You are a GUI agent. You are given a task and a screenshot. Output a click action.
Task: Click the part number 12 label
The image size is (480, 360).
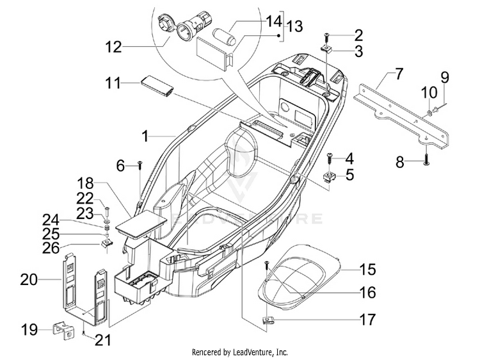pyautogui.click(x=113, y=47)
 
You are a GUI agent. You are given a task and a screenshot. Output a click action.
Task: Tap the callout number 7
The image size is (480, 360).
pyautogui.click(x=399, y=74)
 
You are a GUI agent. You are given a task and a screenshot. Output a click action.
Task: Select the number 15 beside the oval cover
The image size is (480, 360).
pyautogui.click(x=367, y=270)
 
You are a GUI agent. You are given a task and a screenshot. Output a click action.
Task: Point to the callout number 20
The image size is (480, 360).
pyautogui.click(x=29, y=280)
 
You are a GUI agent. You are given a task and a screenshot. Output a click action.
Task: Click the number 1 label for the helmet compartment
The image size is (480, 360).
pyautogui.click(x=146, y=136)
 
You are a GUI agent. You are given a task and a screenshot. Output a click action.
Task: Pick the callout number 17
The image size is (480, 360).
pyautogui.click(x=367, y=320)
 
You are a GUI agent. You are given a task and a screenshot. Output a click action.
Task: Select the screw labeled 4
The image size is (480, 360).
pyautogui.click(x=330, y=158)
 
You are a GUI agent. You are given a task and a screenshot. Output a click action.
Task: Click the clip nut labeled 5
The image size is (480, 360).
pyautogui.click(x=330, y=177)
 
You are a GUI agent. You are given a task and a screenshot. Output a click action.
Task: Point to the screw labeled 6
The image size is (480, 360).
pyautogui.click(x=140, y=165)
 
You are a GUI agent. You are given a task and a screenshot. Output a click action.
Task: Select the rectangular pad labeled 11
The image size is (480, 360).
pyautogui.click(x=157, y=86)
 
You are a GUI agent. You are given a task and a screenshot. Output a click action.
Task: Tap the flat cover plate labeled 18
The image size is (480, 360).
pyautogui.click(x=141, y=224)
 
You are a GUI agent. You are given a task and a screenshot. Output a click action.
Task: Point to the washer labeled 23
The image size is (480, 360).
pyautogui.click(x=107, y=220)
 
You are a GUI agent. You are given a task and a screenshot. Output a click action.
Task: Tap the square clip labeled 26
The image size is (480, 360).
pyautogui.click(x=107, y=243)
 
